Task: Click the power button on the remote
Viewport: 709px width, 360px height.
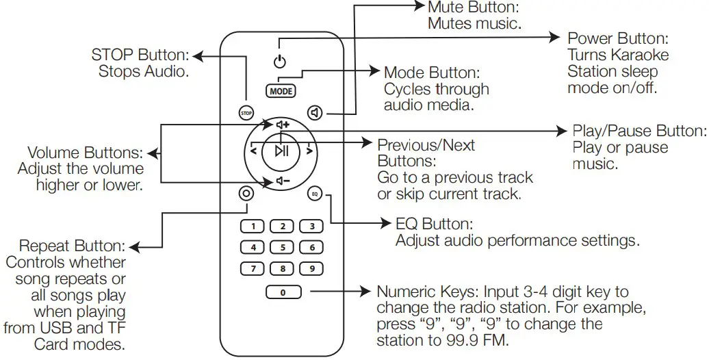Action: click(278, 62)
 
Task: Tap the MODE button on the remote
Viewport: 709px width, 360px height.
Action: click(281, 90)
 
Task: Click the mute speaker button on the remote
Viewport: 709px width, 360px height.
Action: click(315, 112)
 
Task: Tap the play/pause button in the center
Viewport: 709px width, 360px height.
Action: click(281, 151)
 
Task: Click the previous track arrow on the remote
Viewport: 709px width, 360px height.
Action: click(253, 151)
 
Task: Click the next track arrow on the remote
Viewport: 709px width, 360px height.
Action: click(309, 151)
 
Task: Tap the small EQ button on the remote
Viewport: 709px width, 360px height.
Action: click(314, 194)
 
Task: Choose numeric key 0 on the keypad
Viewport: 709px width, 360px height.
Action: click(283, 293)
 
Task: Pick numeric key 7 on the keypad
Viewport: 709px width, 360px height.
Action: click(253, 268)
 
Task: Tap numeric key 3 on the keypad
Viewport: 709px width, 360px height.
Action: click(311, 226)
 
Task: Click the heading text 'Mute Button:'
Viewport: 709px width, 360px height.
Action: click(473, 8)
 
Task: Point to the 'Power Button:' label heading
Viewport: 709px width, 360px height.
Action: click(617, 38)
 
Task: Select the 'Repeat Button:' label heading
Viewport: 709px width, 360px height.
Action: click(72, 246)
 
